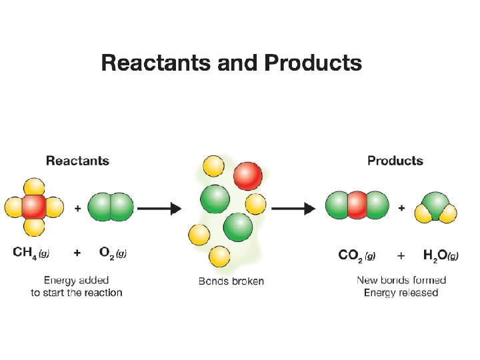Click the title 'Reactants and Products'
coord(231,63)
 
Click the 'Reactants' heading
coord(77,161)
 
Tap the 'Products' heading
coord(395,161)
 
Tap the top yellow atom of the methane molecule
coord(34,187)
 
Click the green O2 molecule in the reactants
coord(111,207)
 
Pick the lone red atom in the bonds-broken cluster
coord(247,175)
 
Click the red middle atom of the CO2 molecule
coord(357,205)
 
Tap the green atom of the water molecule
coord(436,203)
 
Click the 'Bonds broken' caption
coord(231,281)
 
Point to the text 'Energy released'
coord(401,292)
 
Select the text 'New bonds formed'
coord(401,280)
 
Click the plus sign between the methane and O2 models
coord(78,209)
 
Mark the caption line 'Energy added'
coord(77,280)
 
